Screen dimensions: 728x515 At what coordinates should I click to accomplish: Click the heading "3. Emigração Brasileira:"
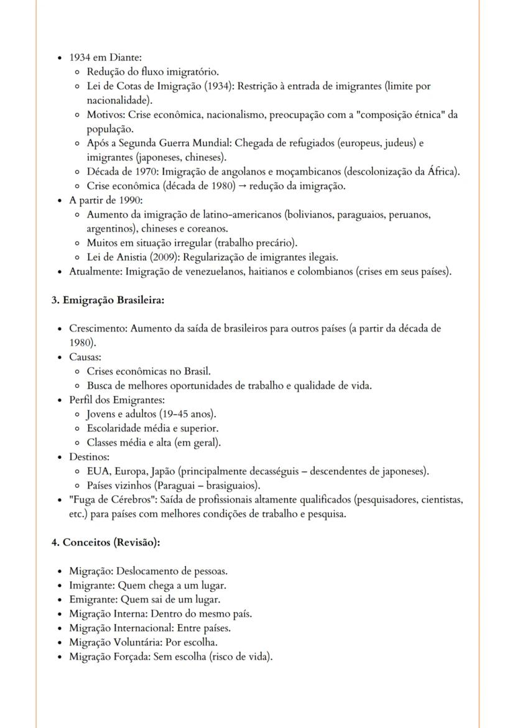coord(108,300)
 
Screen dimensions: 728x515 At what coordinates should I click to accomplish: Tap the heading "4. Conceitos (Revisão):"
coord(106,542)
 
